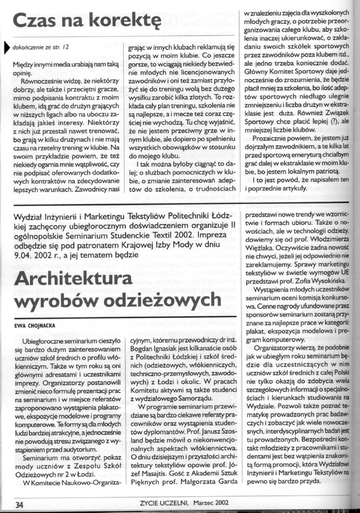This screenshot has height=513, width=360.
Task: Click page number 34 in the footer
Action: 19,505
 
